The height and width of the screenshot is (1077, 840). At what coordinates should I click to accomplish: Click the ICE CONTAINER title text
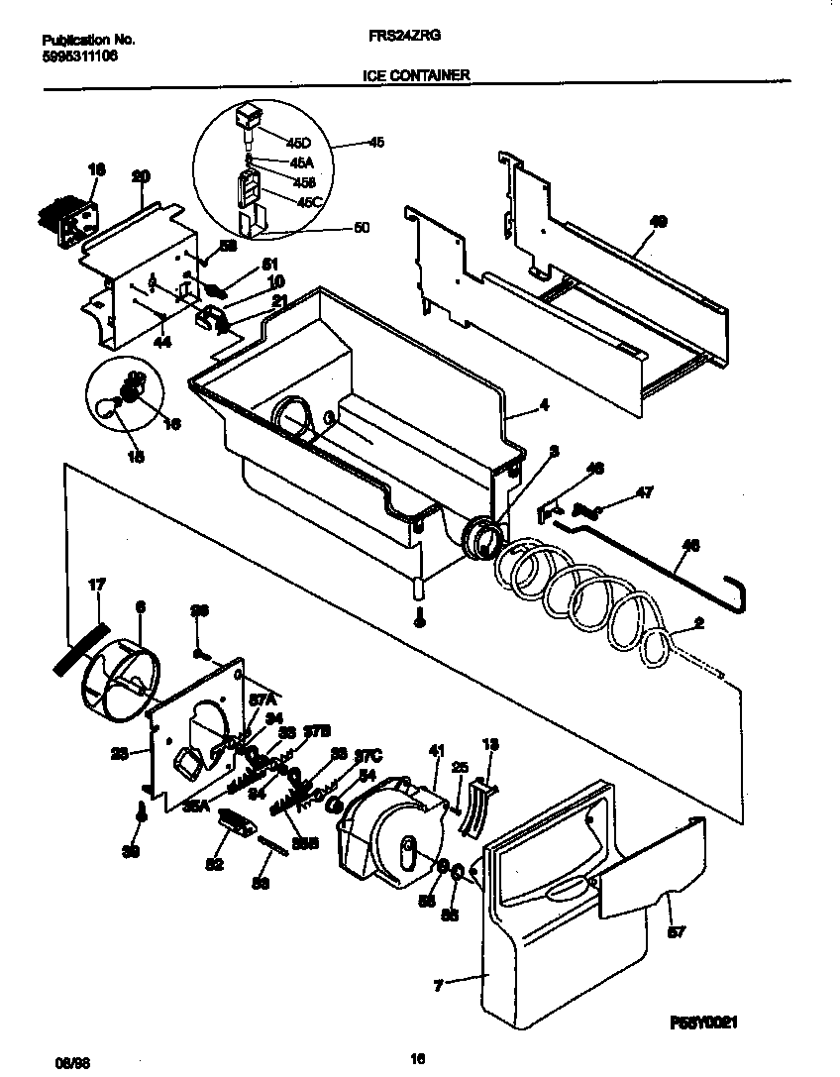point(416,74)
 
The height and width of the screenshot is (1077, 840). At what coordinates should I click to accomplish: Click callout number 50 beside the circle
point(362,227)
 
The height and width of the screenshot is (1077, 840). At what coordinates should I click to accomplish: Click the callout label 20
point(141,176)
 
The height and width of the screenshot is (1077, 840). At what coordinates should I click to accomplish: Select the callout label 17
point(96,586)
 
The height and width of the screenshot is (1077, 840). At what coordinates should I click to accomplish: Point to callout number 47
point(644,491)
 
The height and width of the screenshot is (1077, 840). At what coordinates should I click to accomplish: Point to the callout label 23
point(119,753)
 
